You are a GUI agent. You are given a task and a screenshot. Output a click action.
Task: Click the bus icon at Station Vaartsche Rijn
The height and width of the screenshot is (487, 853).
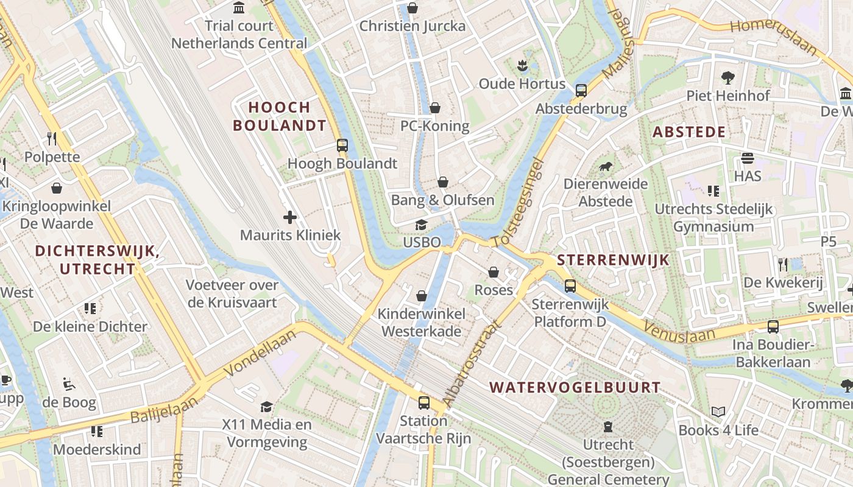click(423, 402)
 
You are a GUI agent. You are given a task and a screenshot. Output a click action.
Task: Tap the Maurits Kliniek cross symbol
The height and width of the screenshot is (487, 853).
click(290, 217)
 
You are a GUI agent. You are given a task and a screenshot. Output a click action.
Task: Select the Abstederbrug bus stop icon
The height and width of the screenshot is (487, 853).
click(581, 91)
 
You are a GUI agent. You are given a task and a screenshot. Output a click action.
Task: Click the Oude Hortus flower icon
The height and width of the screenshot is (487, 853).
click(522, 65)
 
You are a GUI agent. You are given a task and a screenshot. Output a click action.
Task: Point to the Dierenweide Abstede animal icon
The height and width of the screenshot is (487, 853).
click(605, 166)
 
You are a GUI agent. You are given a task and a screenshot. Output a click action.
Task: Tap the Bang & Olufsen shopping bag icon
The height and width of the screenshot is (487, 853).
click(443, 182)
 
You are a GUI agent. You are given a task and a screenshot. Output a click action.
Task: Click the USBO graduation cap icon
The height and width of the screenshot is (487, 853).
click(421, 225)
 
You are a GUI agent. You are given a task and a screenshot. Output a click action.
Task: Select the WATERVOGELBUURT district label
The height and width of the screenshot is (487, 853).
click(575, 388)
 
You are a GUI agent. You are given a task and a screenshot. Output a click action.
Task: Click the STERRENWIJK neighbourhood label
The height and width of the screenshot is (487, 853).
click(613, 261)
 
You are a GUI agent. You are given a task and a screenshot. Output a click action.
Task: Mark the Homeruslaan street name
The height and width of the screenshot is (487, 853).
click(773, 36)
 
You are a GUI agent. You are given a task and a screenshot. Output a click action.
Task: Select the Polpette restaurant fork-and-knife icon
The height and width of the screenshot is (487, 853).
click(52, 139)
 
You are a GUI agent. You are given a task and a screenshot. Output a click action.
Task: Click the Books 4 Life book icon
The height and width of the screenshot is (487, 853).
click(718, 412)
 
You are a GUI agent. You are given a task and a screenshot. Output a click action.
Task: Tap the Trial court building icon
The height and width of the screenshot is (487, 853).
click(239, 8)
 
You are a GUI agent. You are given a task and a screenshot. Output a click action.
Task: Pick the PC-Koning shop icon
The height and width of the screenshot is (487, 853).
click(435, 108)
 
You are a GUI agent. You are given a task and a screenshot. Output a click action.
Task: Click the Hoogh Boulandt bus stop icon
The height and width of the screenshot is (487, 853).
click(342, 145)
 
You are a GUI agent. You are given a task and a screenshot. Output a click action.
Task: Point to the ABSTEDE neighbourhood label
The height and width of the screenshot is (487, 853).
click(689, 132)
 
